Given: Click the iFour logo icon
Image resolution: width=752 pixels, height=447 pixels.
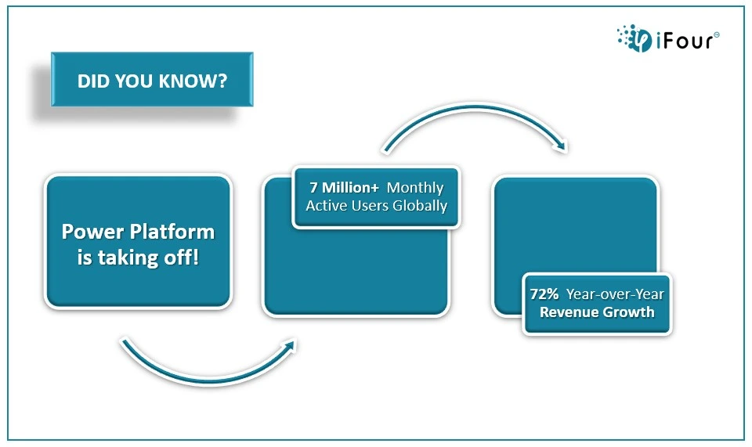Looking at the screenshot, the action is (x=634, y=38).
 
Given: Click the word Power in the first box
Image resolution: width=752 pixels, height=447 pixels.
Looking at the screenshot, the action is (x=93, y=233).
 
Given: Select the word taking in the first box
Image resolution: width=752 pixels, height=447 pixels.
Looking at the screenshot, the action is (x=128, y=258).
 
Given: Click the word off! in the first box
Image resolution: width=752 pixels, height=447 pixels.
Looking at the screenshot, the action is (x=181, y=258).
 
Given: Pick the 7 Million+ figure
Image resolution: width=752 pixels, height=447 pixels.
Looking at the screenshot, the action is (x=345, y=187).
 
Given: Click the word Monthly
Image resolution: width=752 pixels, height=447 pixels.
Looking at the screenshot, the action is (x=415, y=188).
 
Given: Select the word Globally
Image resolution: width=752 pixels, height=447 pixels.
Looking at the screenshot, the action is (x=420, y=206).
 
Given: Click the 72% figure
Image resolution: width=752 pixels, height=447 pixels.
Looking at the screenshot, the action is (x=544, y=294).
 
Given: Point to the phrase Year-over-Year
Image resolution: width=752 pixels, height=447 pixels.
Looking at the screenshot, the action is (x=616, y=294).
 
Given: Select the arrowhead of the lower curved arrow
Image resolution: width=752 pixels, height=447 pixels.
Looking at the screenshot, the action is (x=289, y=346).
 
